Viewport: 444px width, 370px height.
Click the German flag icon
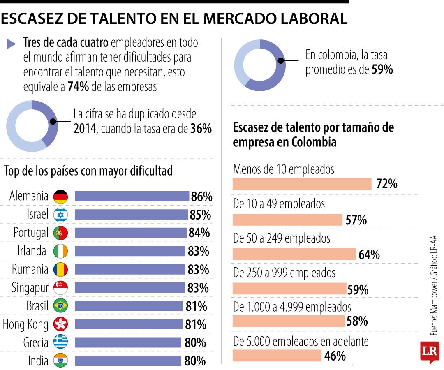(x=60, y=197)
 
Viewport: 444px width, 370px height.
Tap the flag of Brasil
(x=60, y=306)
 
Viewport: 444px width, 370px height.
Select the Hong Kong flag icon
(x=60, y=324)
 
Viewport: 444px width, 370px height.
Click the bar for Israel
(x=131, y=215)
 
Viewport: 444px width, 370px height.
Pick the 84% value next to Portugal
(x=199, y=233)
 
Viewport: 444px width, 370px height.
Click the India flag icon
(x=60, y=361)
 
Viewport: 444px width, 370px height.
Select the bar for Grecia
(x=127, y=342)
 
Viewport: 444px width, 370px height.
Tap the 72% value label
(x=386, y=184)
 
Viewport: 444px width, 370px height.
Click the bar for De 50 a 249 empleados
(x=294, y=254)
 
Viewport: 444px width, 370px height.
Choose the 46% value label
(x=335, y=356)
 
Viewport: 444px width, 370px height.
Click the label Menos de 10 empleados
(x=284, y=169)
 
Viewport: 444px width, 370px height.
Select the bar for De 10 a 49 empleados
(x=287, y=220)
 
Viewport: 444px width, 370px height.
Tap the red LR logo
(x=429, y=352)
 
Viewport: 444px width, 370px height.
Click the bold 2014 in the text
(x=84, y=129)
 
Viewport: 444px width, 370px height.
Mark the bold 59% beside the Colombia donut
(x=382, y=70)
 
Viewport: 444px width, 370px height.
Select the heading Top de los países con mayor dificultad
(x=88, y=171)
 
